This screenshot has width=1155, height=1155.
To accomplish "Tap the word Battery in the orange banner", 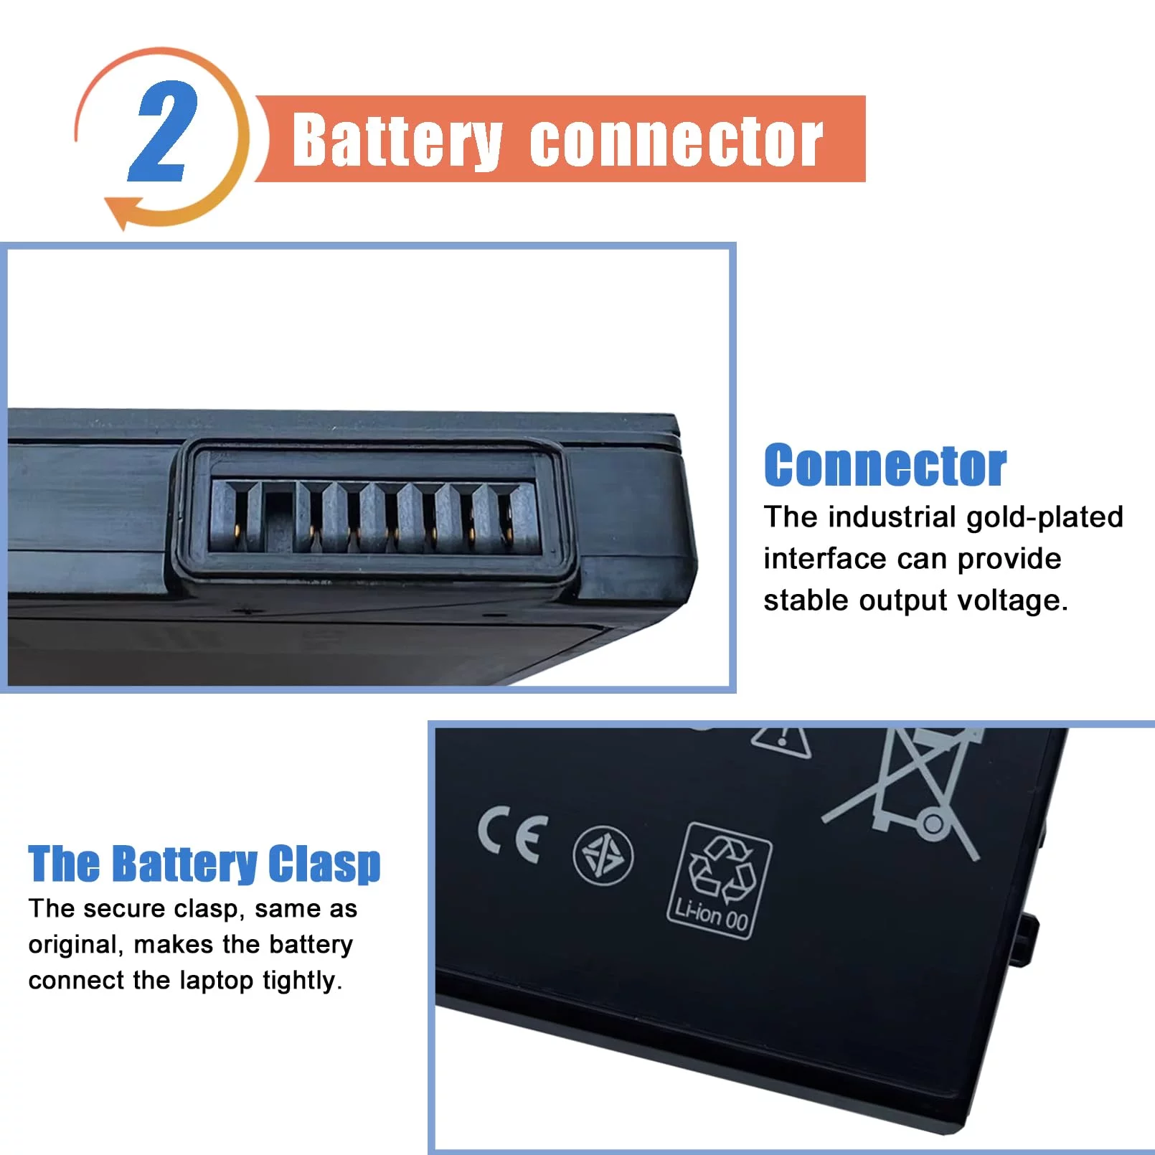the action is pos(397,141).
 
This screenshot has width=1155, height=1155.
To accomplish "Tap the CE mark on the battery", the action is pos(512,834).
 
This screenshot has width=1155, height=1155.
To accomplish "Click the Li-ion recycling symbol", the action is pos(720,880).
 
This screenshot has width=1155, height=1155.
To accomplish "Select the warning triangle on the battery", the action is pos(782,740).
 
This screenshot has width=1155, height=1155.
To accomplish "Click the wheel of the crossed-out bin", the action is pos(933,823).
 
